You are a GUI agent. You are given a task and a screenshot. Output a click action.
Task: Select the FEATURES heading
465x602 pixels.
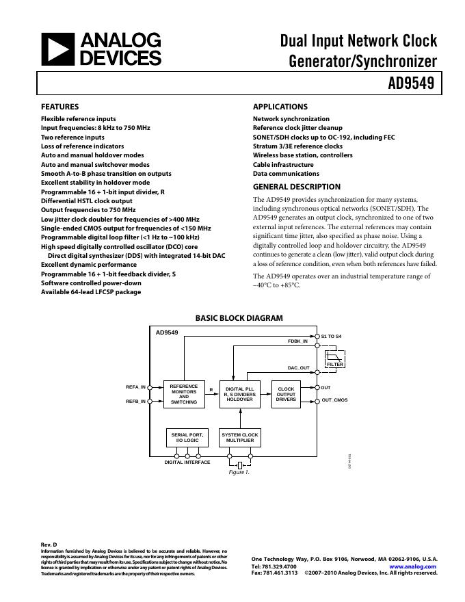pyautogui.click(x=59, y=107)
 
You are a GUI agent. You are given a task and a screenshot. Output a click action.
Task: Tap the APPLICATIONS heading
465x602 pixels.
pyautogui.click(x=280, y=107)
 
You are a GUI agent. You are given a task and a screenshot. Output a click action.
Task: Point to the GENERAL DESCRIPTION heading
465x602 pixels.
pyautogui.click(x=296, y=187)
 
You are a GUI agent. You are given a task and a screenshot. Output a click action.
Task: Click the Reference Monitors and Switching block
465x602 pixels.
pyautogui.click(x=184, y=394)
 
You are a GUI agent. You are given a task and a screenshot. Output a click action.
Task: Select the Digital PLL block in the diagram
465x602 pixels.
pyautogui.click(x=239, y=394)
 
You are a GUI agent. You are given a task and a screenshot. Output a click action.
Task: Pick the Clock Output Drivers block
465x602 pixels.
pyautogui.click(x=286, y=394)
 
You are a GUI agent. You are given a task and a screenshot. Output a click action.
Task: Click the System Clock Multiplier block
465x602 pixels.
pyautogui.click(x=239, y=437)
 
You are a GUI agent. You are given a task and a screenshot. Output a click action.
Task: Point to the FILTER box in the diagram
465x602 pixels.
pyautogui.click(x=335, y=365)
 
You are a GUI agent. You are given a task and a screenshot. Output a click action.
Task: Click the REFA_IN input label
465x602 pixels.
pyautogui.click(x=135, y=387)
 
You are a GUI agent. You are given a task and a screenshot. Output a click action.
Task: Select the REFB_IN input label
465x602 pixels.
pyautogui.click(x=135, y=401)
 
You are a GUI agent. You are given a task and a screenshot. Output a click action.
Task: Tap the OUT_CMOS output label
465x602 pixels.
pyautogui.click(x=334, y=400)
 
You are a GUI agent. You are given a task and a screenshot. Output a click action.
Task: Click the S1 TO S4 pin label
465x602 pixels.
pyautogui.click(x=332, y=336)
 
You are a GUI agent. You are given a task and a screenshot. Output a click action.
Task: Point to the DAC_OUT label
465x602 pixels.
pyautogui.click(x=298, y=368)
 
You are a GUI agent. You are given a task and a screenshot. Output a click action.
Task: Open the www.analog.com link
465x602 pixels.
pyautogui.click(x=412, y=566)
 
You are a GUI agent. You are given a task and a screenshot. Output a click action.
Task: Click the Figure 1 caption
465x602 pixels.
pyautogui.click(x=239, y=472)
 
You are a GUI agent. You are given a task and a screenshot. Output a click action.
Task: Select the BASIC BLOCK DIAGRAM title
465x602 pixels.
pyautogui.click(x=239, y=318)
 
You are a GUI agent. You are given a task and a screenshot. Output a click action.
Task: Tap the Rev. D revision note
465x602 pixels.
pyautogui.click(x=49, y=545)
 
